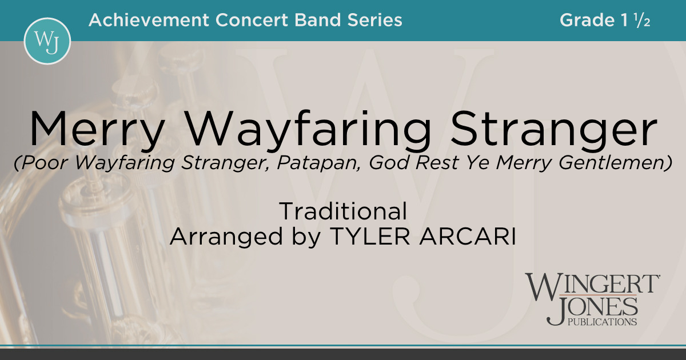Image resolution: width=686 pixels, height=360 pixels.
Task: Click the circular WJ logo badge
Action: coord(47,41)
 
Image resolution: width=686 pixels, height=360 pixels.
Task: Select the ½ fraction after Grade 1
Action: coord(642,21)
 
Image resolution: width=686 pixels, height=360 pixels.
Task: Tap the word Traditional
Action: coord(343,212)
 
